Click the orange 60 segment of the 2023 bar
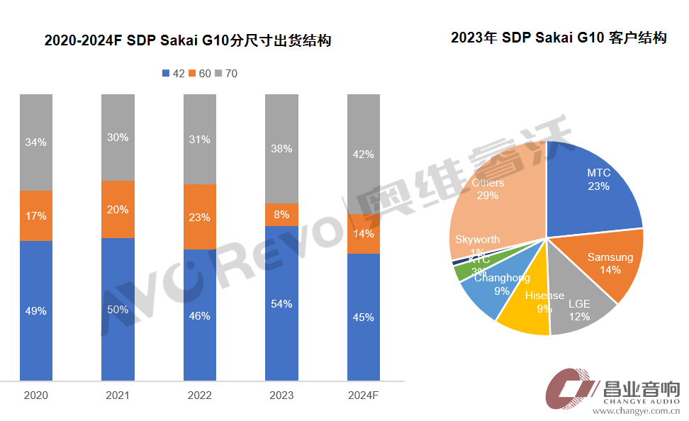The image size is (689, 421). point(281,215)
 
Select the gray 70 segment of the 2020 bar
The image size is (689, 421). point(36,142)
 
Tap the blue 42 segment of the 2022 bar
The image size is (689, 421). point(200,315)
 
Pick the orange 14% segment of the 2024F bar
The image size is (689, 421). point(364,233)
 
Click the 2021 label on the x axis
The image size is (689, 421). point(117,395)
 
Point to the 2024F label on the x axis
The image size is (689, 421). point(364,395)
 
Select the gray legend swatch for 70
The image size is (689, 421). point(219,74)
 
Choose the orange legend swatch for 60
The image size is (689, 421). point(192,74)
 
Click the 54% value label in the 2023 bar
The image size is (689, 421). point(281,304)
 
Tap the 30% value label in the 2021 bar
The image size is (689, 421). point(118,137)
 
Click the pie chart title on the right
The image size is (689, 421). point(559,38)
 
